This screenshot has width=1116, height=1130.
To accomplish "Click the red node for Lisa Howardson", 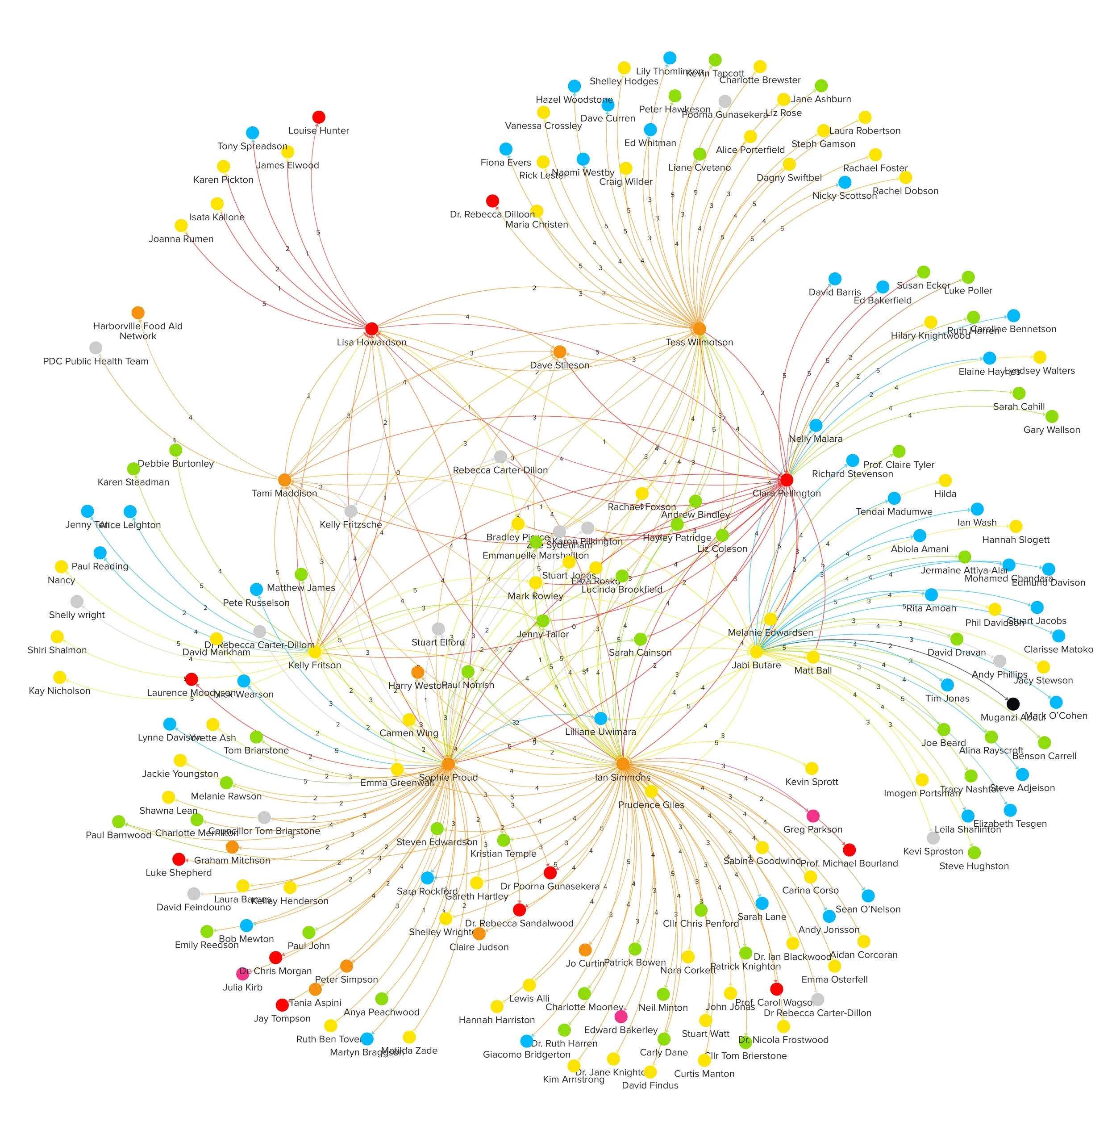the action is coord(371,329).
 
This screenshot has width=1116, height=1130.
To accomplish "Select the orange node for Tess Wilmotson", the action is coord(699,329).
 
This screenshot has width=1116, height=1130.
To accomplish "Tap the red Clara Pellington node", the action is coord(786,480).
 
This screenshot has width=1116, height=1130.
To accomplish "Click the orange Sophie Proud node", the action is coord(448,764).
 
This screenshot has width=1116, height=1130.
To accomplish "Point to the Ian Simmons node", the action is coord(623,764).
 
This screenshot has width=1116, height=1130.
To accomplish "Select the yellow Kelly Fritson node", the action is coord(315,652).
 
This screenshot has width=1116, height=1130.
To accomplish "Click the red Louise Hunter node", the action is coord(319,117).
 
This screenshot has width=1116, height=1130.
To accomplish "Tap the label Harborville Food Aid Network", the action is coord(138,331).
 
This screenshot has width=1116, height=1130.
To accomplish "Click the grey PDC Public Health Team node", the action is coord(96,348).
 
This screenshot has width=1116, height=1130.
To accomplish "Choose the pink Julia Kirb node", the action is coord(242,974).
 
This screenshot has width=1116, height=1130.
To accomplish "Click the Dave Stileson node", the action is coord(559,352).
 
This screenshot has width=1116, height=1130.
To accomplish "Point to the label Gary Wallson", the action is coord(1052,430).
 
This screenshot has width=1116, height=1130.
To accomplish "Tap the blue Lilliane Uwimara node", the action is coord(601,718).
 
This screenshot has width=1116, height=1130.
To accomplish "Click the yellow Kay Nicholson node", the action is coord(60,677).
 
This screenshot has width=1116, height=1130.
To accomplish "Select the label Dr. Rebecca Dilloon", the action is coord(492,215).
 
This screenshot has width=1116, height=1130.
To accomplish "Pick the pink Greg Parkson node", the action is coord(812,816).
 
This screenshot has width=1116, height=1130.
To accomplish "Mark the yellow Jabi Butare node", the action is coord(756,652).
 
